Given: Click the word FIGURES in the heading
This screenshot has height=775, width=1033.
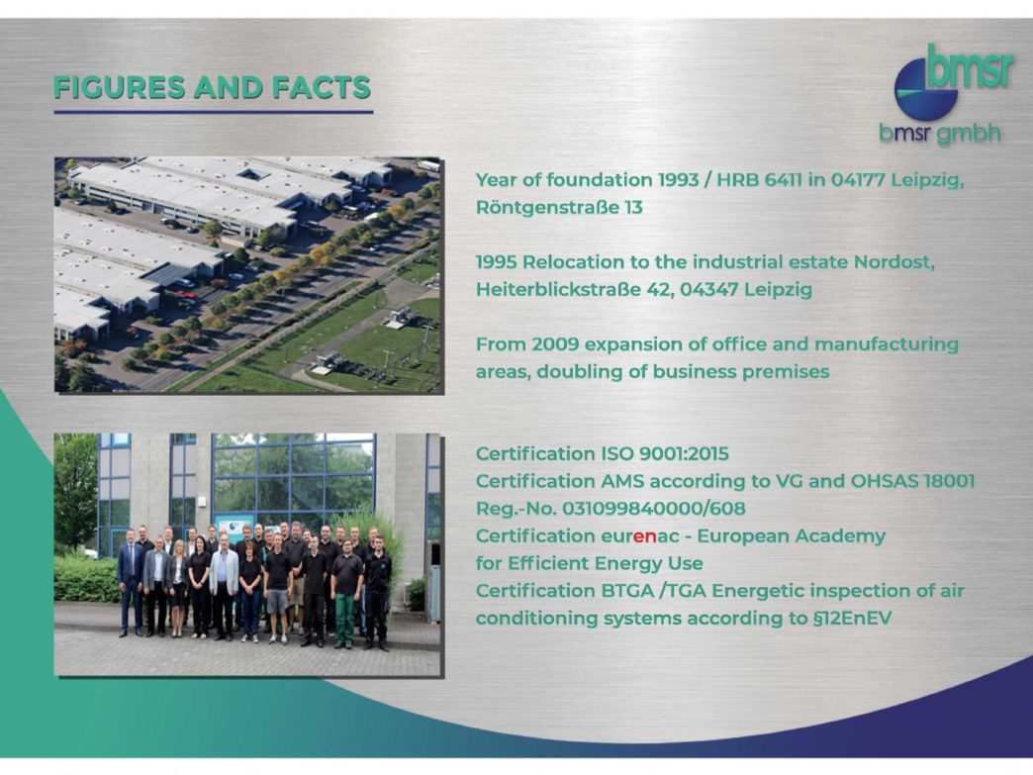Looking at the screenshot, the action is (x=120, y=88).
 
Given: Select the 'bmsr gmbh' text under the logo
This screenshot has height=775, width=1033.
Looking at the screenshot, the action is (x=940, y=134).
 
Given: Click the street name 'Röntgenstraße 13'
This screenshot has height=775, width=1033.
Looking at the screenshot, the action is (x=559, y=208).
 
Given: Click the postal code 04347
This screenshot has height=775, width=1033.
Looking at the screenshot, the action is (x=708, y=289).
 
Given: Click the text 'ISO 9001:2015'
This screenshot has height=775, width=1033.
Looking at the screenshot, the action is (x=665, y=453).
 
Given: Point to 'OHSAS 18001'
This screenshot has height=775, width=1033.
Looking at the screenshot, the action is (x=912, y=481).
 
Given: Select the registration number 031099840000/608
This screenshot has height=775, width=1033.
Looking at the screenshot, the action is (x=653, y=509).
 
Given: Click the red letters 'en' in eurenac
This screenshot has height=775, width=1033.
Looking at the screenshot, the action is (x=645, y=536).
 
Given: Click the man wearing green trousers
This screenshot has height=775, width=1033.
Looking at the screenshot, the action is (x=346, y=594).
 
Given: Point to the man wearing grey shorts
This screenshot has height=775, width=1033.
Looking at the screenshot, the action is (x=277, y=589).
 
